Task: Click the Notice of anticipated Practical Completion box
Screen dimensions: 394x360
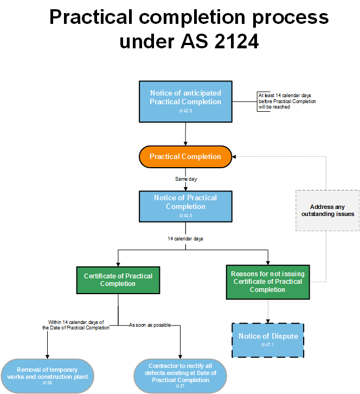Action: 185,101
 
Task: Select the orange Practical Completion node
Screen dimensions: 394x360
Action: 185,156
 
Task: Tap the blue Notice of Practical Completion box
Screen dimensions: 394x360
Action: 185,206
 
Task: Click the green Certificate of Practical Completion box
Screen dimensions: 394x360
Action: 118,280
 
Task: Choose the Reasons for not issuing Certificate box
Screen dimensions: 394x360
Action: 267,282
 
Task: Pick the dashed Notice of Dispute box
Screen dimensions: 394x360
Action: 268,340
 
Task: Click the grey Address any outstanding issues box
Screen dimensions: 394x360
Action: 327,211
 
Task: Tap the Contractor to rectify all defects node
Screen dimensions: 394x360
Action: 180,375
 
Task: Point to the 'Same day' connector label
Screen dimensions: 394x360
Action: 185,179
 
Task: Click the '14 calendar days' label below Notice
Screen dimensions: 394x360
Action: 185,238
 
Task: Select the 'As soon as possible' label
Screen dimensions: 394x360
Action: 150,325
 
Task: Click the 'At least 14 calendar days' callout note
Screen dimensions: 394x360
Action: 287,101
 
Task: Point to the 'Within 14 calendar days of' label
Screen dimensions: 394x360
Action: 76,322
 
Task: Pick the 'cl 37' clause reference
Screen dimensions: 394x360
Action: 180,386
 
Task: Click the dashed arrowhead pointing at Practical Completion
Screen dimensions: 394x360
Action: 235,156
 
